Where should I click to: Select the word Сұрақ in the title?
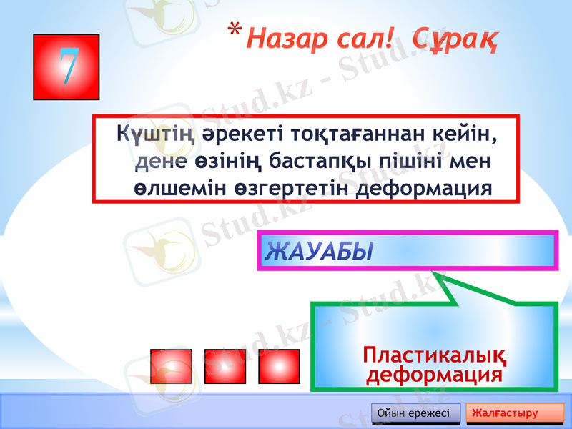455,39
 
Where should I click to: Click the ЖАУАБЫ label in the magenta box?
320,252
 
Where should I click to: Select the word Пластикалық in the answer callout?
435,355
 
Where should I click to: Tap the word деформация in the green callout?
434,375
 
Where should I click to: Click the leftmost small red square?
171,366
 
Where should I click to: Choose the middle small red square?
225,366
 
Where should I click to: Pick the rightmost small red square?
279,366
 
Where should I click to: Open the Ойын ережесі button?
415,413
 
